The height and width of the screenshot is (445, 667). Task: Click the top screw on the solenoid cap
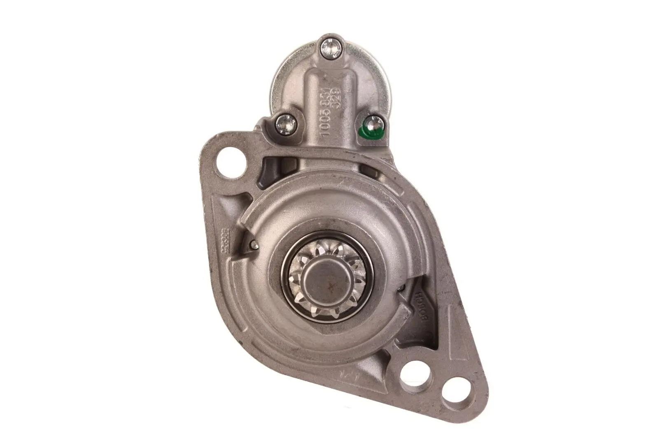point(331,49)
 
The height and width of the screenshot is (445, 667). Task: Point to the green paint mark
point(364,132)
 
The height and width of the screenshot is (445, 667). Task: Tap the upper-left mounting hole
point(229,161)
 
